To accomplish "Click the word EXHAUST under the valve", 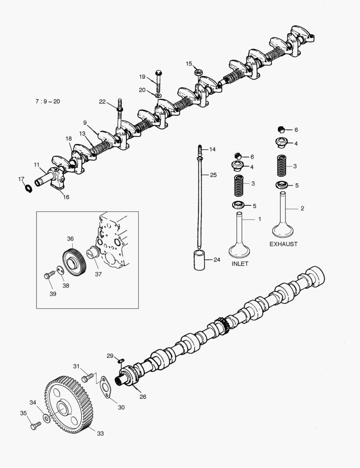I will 283,244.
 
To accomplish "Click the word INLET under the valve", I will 240,264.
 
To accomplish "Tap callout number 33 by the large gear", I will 100,433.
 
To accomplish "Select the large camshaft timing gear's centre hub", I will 62,409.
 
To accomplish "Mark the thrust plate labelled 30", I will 105,387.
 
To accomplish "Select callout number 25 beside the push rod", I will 213,175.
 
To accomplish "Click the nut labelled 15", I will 200,71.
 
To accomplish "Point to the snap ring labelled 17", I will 27,188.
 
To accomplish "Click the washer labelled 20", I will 158,94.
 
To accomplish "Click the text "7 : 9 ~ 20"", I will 48,101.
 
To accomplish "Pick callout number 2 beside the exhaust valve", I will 302,208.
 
